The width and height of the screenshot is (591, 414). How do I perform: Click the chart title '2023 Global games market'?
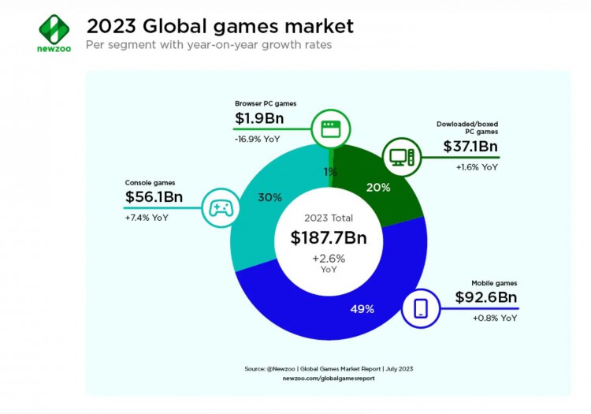(219, 25)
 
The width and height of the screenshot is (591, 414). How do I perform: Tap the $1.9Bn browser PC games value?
(259, 120)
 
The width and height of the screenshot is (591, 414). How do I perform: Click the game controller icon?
(217, 208)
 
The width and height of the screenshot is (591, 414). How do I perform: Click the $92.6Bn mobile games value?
(486, 298)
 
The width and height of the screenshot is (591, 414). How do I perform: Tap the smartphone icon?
(419, 307)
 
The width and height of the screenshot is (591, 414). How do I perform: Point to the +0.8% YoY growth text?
(495, 318)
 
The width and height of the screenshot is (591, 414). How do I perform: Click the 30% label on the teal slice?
(269, 197)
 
